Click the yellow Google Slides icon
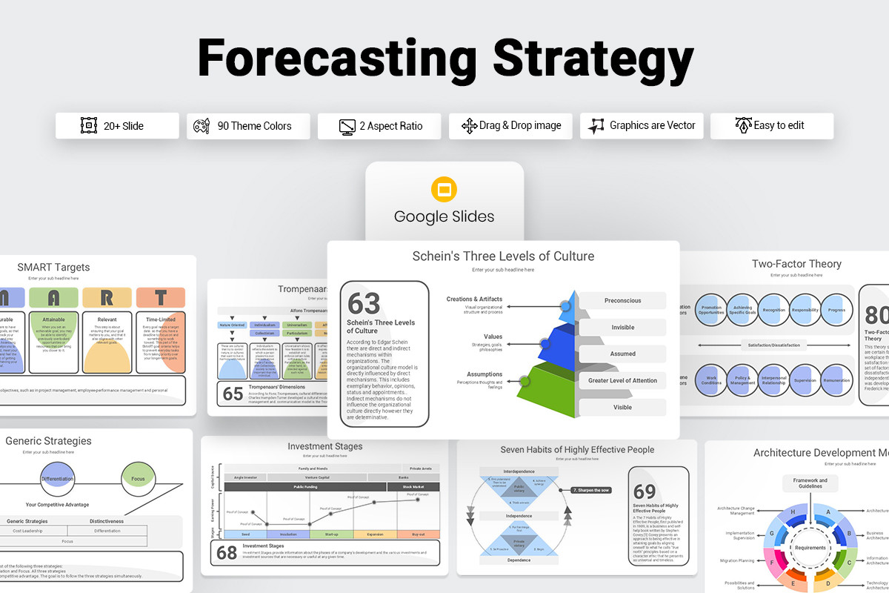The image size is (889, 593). pyautogui.click(x=444, y=191)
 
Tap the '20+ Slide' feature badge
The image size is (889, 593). pyautogui.click(x=117, y=126)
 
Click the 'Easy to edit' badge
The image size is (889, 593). pyautogui.click(x=772, y=126)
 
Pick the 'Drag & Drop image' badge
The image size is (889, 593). pyautogui.click(x=510, y=126)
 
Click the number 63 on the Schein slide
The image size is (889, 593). pyautogui.click(x=364, y=303)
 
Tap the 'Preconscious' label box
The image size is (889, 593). pyautogui.click(x=622, y=301)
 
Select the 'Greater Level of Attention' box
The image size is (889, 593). pyautogui.click(x=622, y=380)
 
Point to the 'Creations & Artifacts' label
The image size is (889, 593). pyautogui.click(x=474, y=299)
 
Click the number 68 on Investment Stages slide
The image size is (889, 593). pyautogui.click(x=226, y=553)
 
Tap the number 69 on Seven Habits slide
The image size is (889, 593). pyautogui.click(x=645, y=491)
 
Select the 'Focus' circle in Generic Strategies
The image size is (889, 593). pyautogui.click(x=138, y=479)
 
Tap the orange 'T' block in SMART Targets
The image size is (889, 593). pyautogui.click(x=161, y=298)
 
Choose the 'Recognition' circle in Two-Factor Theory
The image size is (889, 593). pyautogui.click(x=773, y=311)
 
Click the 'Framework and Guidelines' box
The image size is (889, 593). pyautogui.click(x=810, y=483)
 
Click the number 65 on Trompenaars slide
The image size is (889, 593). pyautogui.click(x=233, y=394)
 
